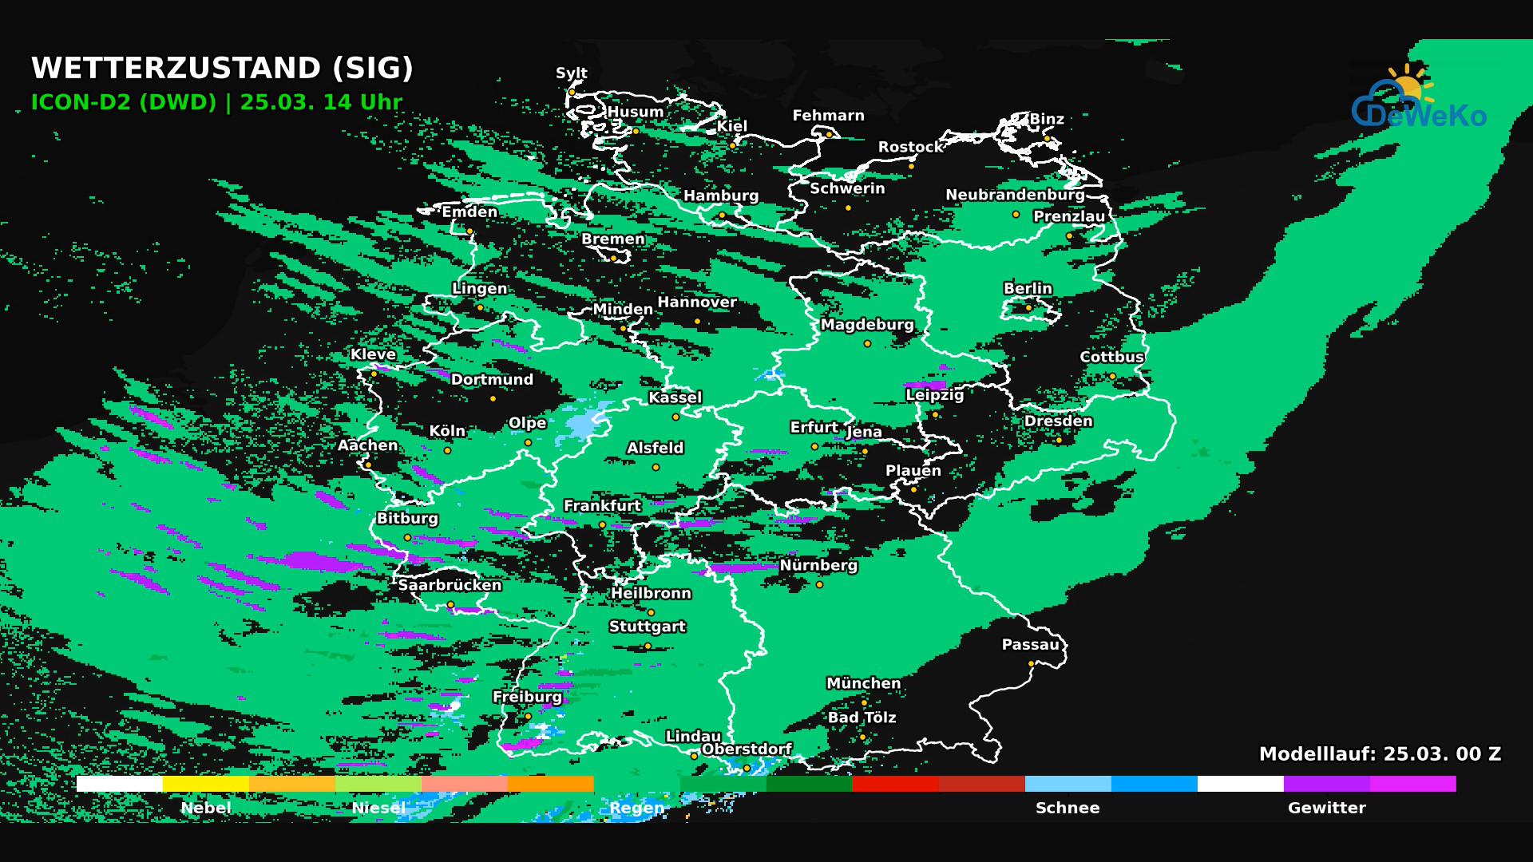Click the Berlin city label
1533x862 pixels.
click(x=1028, y=289)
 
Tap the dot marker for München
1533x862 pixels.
click(x=864, y=703)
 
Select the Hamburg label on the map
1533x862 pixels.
click(x=721, y=196)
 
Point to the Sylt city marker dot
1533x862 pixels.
click(x=572, y=93)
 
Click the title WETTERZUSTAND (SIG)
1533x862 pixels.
click(x=222, y=69)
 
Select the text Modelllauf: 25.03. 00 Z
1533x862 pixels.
click(x=1380, y=754)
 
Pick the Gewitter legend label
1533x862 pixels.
click(x=1326, y=808)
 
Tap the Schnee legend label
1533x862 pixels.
click(x=1068, y=808)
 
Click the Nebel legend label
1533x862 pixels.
click(x=206, y=808)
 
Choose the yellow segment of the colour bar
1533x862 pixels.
click(x=205, y=784)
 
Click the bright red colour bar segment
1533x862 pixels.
click(x=895, y=784)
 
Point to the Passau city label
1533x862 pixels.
click(x=1030, y=645)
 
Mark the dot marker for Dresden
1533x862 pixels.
click(x=1059, y=441)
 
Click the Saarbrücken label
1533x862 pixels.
click(x=450, y=585)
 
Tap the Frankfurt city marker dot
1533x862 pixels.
click(x=602, y=525)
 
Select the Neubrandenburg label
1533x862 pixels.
click(x=1015, y=196)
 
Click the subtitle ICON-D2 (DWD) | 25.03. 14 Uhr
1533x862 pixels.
click(x=216, y=103)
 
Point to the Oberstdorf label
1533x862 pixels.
click(x=747, y=749)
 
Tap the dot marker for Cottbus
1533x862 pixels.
click(x=1112, y=377)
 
